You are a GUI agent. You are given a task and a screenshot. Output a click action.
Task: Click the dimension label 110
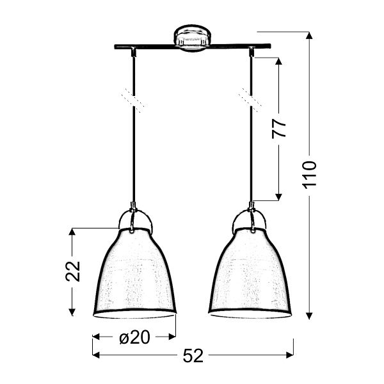tap(310, 174)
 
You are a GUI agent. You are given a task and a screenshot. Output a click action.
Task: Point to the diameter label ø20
tap(134, 337)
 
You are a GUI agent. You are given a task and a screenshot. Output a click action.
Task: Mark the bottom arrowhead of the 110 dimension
tap(309, 315)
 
